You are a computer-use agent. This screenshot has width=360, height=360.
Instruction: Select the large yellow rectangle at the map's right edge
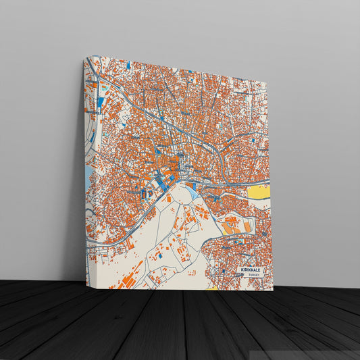click(x=259, y=192)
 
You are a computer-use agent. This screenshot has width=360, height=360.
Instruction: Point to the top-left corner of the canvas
click(x=84, y=58)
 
